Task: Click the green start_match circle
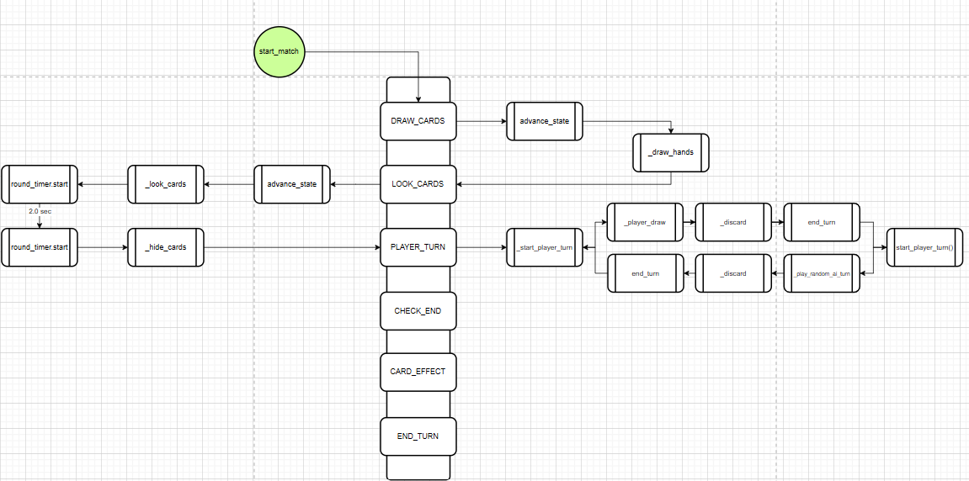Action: click(x=279, y=51)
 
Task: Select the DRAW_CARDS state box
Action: click(x=418, y=121)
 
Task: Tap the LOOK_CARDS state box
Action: click(x=418, y=184)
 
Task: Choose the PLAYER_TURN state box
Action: click(x=418, y=247)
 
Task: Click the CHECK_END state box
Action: click(x=418, y=311)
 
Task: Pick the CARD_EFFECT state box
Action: click(x=418, y=372)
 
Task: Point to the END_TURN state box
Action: click(x=418, y=436)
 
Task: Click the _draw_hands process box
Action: click(x=671, y=152)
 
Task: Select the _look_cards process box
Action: click(x=165, y=184)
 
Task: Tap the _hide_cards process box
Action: click(x=165, y=247)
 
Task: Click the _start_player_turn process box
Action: click(x=544, y=247)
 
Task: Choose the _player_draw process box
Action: click(x=646, y=222)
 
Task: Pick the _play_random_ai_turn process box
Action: click(x=822, y=273)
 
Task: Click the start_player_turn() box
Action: click(x=924, y=247)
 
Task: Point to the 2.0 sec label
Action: click(x=40, y=211)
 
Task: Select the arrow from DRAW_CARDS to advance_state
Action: click(x=481, y=121)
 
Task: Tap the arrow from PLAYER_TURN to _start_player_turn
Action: click(x=481, y=247)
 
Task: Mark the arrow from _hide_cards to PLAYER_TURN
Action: click(x=291, y=247)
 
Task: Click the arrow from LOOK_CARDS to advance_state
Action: click(x=354, y=184)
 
